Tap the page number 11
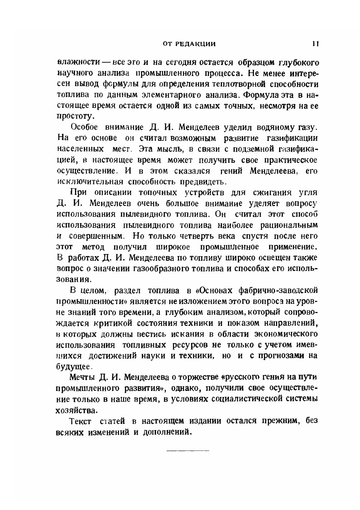(315, 43)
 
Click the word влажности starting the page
(75, 62)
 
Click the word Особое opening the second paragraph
(84, 128)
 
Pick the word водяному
(275, 128)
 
